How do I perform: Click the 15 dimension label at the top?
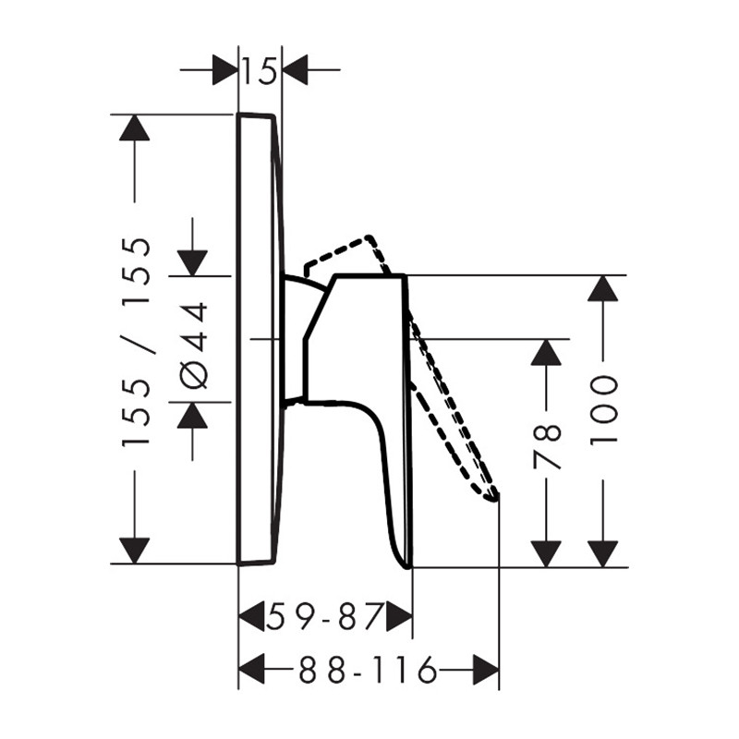tap(259, 72)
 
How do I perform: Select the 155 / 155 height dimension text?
tap(136, 342)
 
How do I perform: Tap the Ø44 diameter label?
tap(193, 345)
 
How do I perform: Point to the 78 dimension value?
tap(547, 447)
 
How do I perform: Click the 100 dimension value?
tap(603, 409)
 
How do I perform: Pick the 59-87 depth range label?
tap(324, 616)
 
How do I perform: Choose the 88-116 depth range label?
tap(368, 669)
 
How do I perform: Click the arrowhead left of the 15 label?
tap(224, 70)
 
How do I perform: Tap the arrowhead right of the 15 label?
tap(295, 70)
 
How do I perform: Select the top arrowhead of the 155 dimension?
tap(135, 127)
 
